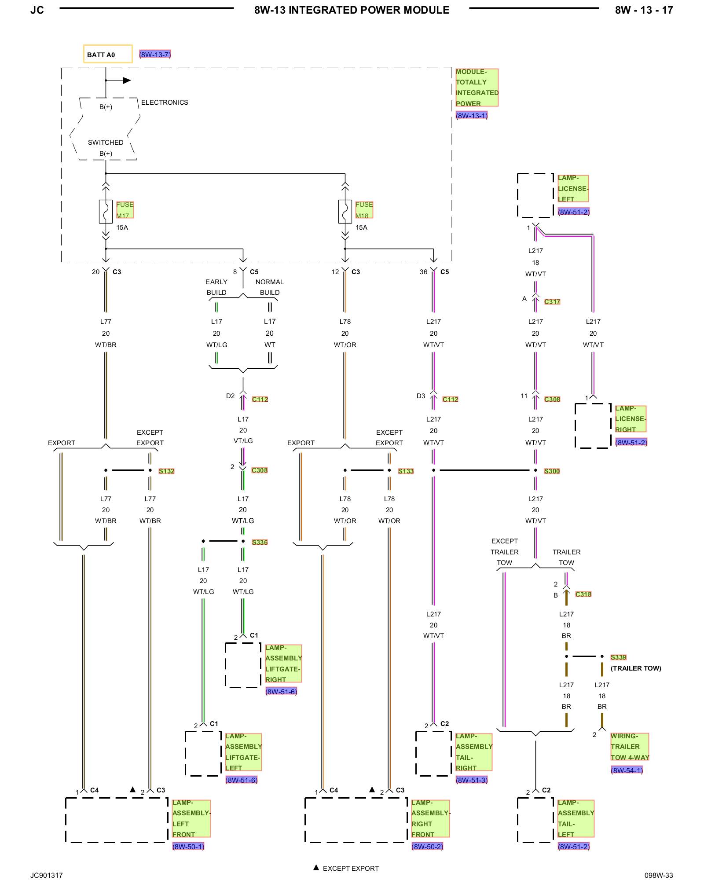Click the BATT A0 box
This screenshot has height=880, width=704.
[x=108, y=54]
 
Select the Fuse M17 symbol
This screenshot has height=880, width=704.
[x=106, y=212]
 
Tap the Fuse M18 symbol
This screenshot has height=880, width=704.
[x=345, y=212]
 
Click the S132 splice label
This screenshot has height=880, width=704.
[x=166, y=471]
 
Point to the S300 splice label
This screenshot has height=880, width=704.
[x=552, y=471]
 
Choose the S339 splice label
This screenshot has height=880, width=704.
[x=618, y=657]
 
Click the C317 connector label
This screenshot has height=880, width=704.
[x=552, y=302]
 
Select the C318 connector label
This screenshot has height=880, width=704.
[x=583, y=594]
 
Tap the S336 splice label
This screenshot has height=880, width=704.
[x=260, y=543]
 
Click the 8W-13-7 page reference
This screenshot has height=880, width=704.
[x=155, y=55]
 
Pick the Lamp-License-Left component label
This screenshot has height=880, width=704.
[x=573, y=188]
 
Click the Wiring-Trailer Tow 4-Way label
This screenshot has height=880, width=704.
[x=630, y=747]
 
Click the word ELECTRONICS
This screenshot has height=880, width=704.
[x=165, y=103]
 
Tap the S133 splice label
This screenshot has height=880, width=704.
[x=406, y=471]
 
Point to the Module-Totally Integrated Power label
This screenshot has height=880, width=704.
[x=477, y=88]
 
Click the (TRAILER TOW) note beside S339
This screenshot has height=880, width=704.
[x=636, y=668]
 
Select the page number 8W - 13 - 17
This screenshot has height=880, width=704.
[x=644, y=10]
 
